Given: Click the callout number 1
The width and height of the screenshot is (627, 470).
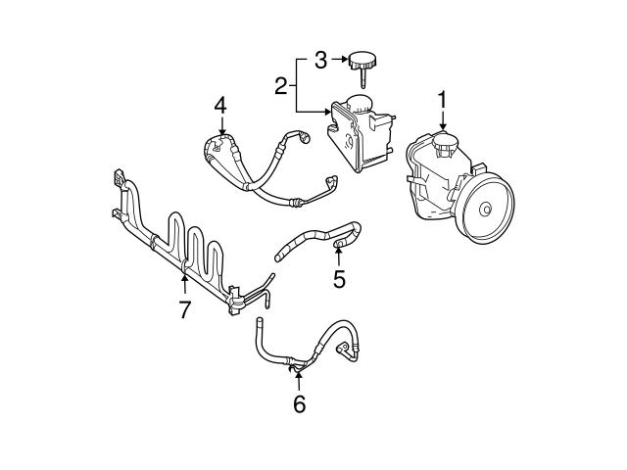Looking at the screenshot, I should tap(443, 100).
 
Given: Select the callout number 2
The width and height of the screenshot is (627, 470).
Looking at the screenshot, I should tap(281, 86).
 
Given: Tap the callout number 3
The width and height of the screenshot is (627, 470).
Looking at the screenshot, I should tap(320, 61).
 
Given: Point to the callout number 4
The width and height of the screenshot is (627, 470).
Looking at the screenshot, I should tap(221, 104).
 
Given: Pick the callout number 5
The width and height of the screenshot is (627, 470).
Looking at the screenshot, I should tap(339, 279).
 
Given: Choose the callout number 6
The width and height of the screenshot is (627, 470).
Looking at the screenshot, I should tap(299, 403).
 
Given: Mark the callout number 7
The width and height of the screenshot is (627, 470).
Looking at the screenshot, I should tap(183, 310).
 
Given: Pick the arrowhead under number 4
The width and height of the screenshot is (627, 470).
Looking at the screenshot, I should tap(222, 132).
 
